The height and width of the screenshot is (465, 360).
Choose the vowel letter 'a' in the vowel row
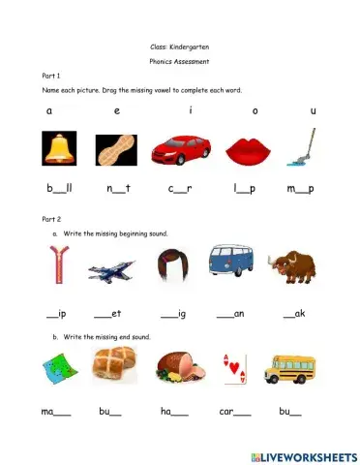point(48,110)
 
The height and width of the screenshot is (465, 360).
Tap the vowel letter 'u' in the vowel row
point(313,110)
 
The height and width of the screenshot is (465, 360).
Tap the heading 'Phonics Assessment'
point(180,60)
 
